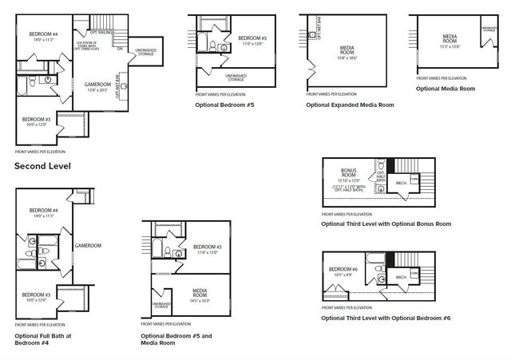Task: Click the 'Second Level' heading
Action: pyautogui.click(x=42, y=166)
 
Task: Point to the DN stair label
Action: pyautogui.click(x=119, y=49)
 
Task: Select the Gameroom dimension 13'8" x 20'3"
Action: pyautogui.click(x=98, y=90)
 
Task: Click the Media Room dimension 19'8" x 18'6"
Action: pyautogui.click(x=346, y=57)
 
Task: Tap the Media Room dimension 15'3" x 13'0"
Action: pyautogui.click(x=450, y=45)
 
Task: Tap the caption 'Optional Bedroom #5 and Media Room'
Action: pyautogui.click(x=176, y=340)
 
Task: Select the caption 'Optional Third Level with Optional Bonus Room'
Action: pyautogui.click(x=386, y=224)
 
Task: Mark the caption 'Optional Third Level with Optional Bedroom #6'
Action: pyautogui.click(x=386, y=318)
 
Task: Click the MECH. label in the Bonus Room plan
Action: pyautogui.click(x=401, y=183)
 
